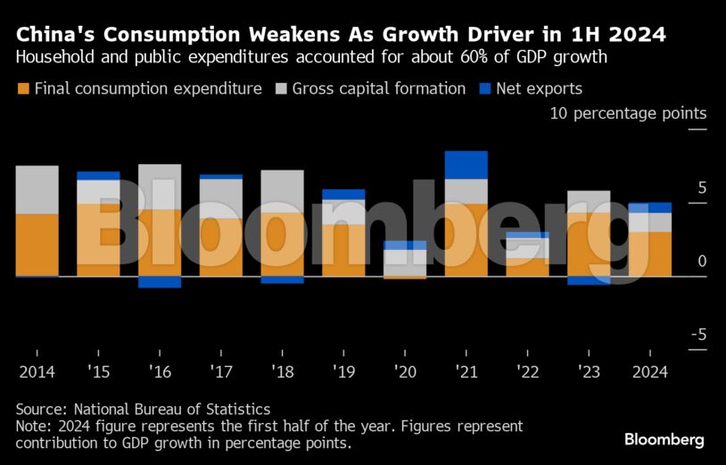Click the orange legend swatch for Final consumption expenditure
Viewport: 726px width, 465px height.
[23, 88]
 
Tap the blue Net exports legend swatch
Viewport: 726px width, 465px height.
[485, 88]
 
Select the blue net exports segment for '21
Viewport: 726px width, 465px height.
[466, 164]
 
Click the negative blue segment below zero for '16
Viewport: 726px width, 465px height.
[160, 282]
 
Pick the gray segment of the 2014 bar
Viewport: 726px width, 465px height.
[37, 189]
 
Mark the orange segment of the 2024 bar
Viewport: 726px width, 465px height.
[650, 253]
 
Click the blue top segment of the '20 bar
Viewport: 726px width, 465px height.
[405, 245]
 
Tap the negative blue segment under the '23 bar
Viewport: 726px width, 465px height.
[589, 280]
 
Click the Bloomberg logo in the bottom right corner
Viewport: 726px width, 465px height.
[664, 439]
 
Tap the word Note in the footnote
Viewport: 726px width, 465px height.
[32, 426]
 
